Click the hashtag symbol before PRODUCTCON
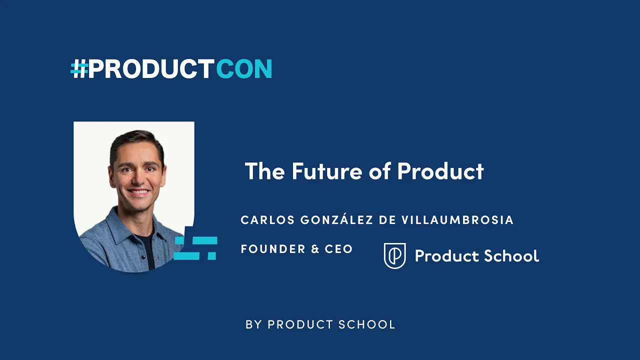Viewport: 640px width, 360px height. coord(79,69)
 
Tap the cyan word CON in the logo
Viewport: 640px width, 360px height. coord(244,69)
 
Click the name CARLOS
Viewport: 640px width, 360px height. coord(265,220)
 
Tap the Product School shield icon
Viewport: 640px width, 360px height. coord(394,255)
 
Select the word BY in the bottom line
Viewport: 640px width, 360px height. coord(253,324)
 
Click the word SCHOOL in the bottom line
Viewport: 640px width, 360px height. coord(367,324)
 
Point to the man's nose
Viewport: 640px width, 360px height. coord(137,178)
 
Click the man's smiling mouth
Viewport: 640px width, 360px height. coord(138,192)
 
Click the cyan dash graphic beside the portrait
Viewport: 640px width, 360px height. coord(195,248)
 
